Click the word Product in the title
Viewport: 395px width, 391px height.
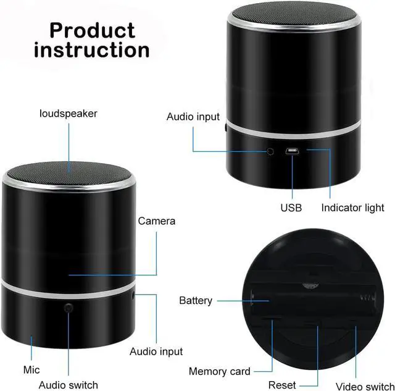coord(92,30)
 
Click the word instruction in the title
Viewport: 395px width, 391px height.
coord(92,50)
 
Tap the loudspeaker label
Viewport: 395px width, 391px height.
coord(68,113)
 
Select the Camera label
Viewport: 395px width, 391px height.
coord(156,221)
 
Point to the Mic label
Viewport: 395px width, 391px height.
coord(31,369)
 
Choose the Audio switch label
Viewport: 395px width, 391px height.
coord(68,385)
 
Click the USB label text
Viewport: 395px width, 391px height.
coord(291,208)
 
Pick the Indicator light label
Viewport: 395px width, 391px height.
coord(352,208)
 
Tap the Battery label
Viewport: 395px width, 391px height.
coord(196,301)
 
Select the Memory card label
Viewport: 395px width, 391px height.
coord(220,371)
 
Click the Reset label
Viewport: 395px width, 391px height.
coord(281,385)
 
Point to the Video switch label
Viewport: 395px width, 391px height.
coord(365,386)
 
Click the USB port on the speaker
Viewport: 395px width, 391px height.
coord(291,150)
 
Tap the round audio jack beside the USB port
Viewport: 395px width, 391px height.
coord(270,151)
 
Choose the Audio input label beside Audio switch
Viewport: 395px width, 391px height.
coord(156,351)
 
